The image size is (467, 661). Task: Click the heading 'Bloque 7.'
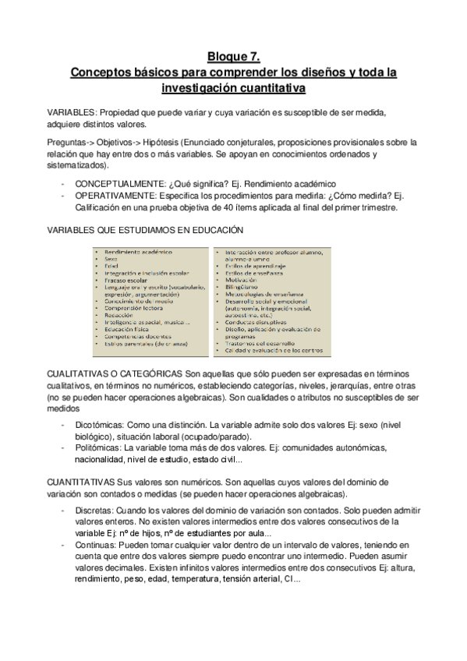(233, 56)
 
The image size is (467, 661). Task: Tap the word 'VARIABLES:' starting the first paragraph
(71, 112)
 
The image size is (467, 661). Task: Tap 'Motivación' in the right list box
(241, 278)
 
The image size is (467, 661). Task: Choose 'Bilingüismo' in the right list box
(243, 286)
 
